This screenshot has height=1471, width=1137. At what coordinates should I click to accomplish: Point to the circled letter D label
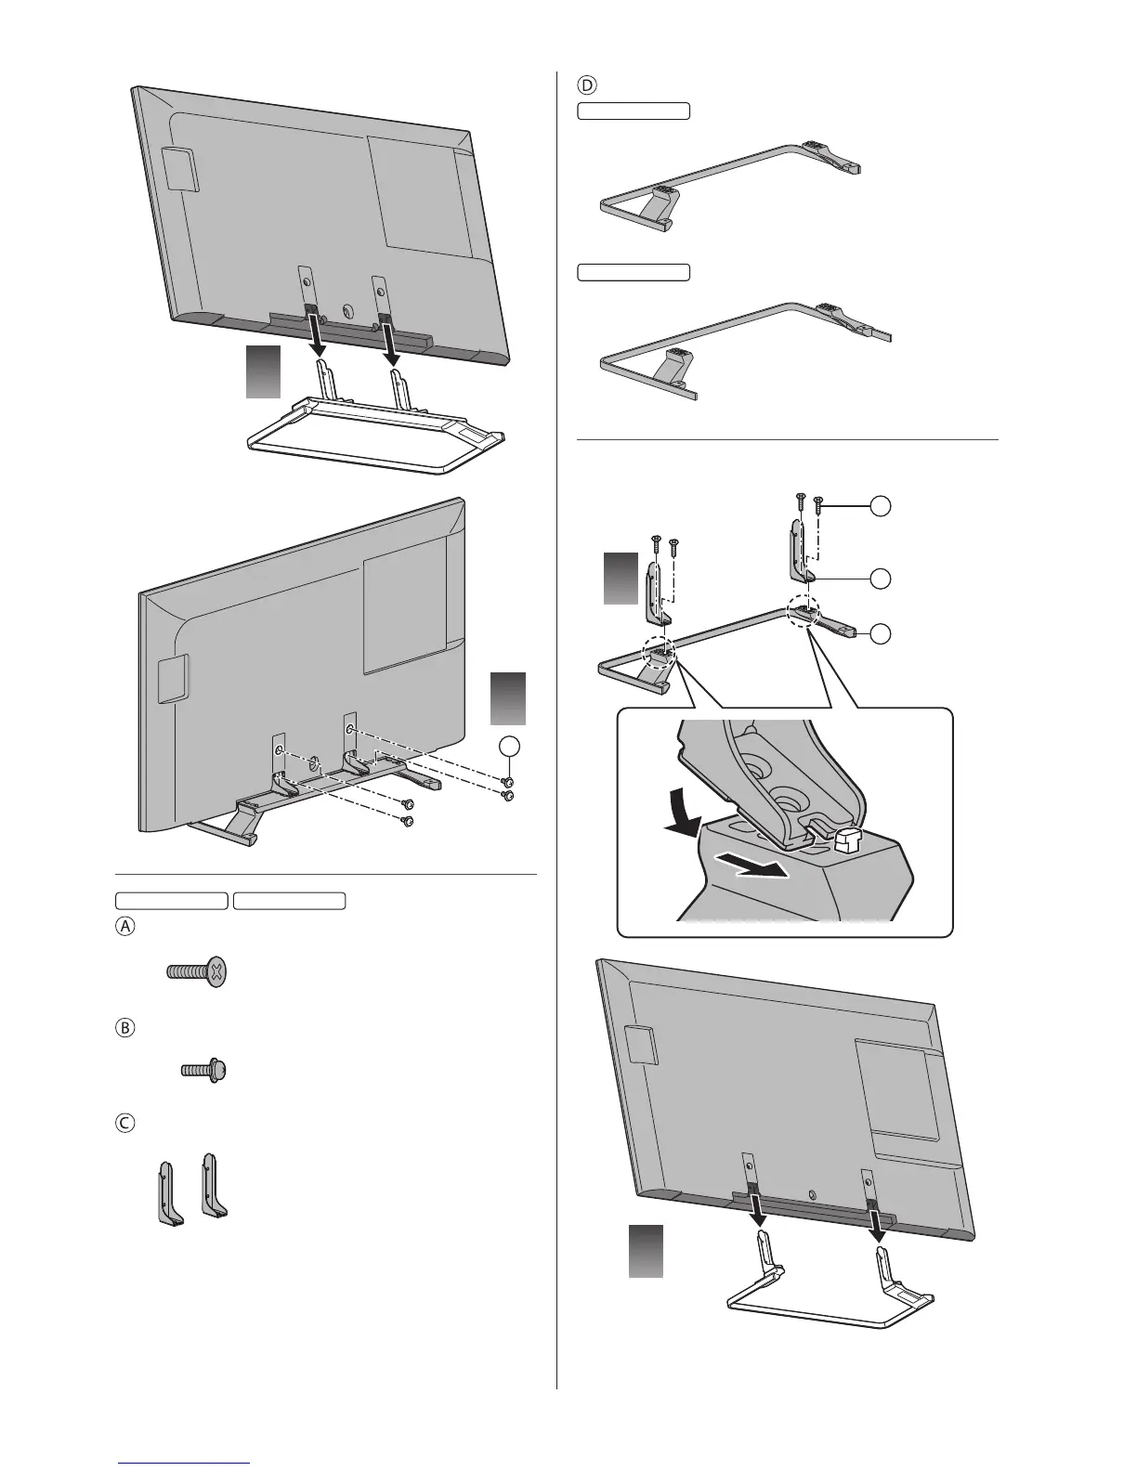click(x=586, y=85)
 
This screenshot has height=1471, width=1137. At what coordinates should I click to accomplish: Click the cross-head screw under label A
click(x=197, y=973)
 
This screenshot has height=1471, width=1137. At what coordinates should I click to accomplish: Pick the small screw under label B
click(x=204, y=1070)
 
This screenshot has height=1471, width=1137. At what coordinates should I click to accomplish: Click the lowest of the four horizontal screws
click(x=407, y=821)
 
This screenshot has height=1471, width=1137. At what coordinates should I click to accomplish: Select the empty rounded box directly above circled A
click(x=171, y=900)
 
